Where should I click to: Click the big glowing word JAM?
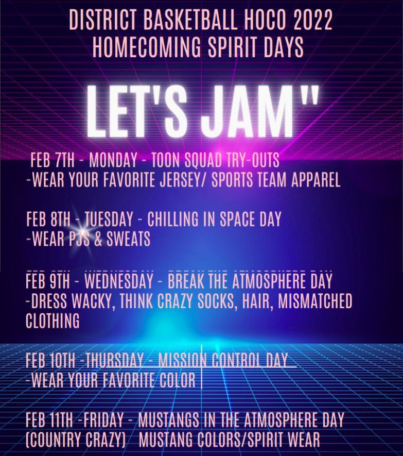tap(247, 112)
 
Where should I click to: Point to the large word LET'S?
tap(136, 112)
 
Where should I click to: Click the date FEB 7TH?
tap(52, 160)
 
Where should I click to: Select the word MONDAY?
tap(113, 160)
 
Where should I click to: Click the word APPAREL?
tap(316, 180)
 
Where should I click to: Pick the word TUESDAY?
tap(109, 219)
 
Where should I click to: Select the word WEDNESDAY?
tap(119, 281)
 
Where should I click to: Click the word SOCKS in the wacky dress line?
tap(216, 301)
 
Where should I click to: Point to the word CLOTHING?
tap(52, 320)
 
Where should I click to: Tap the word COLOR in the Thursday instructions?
tap(177, 380)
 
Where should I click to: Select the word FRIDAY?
tap(103, 419)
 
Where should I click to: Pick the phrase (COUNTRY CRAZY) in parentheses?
tap(76, 440)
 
